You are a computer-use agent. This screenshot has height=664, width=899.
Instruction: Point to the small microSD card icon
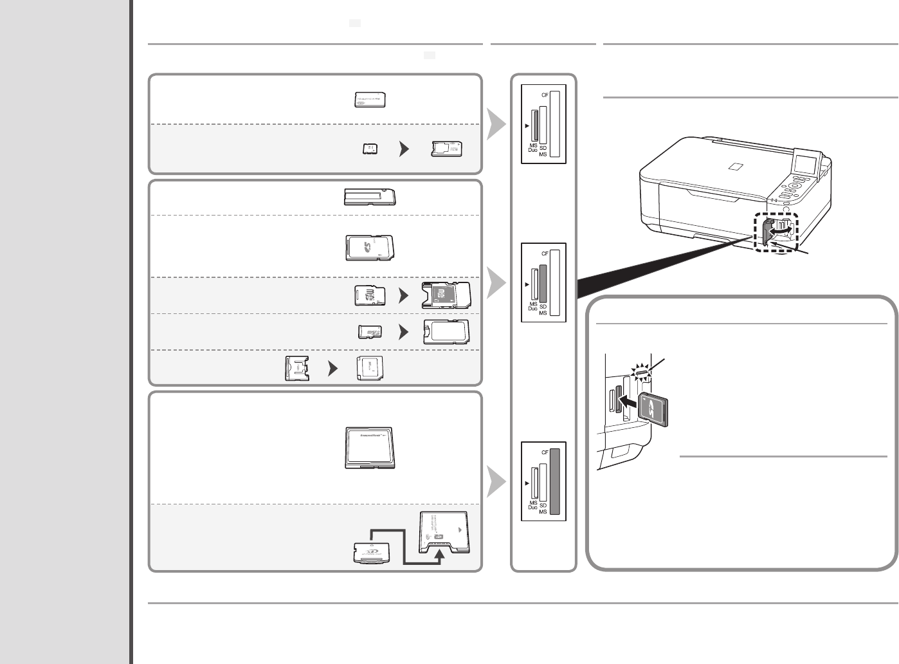370,332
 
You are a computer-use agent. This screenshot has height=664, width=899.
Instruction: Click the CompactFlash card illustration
370,447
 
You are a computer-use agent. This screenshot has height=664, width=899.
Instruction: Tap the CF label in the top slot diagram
545,95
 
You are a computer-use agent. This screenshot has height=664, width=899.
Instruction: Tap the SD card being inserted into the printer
655,409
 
